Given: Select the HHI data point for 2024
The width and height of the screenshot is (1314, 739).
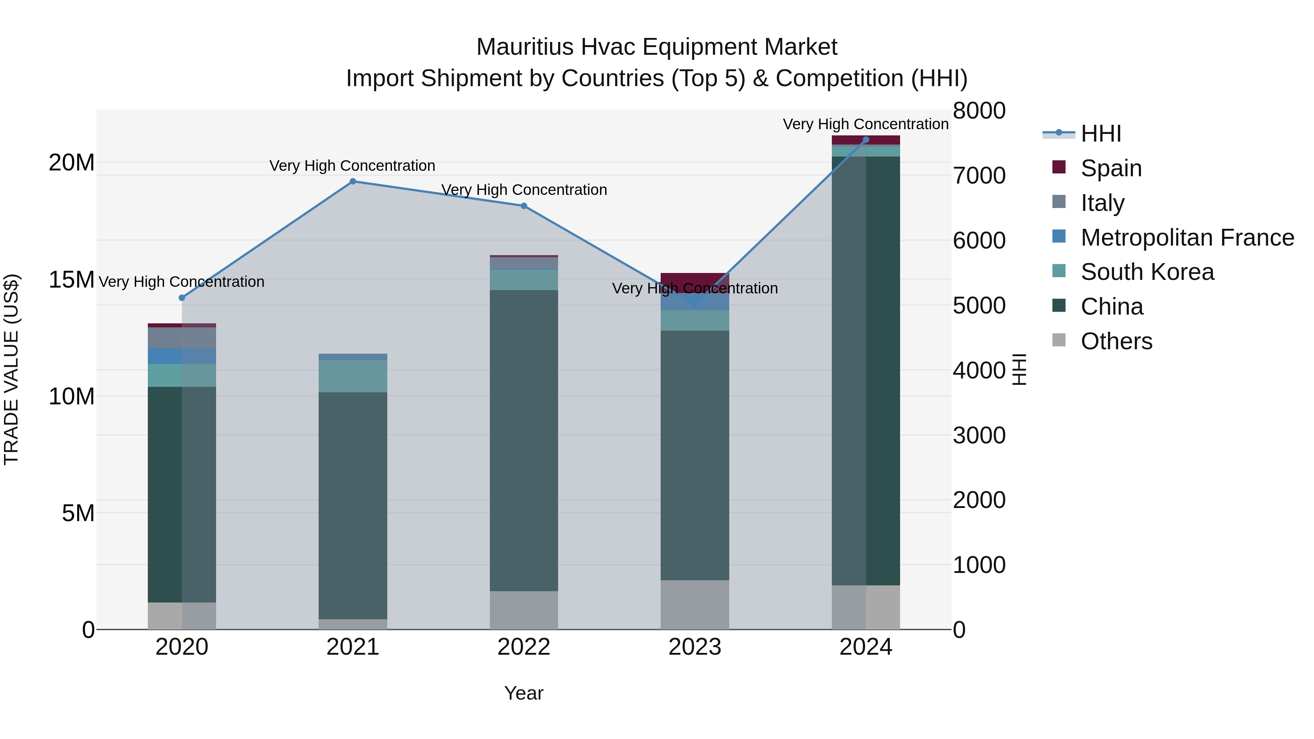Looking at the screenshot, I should point(866,140).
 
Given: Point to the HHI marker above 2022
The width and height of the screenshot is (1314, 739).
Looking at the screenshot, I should point(523,206).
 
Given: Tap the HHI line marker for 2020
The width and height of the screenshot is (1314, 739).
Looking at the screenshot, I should point(182,298).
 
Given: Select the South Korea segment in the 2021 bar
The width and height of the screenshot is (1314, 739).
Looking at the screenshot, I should point(353,376).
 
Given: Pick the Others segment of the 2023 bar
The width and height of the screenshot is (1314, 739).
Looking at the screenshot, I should point(695,604).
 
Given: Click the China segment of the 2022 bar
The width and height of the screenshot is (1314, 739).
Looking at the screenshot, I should point(523,440).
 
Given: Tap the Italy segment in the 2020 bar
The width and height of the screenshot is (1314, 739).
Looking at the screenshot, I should point(182,338).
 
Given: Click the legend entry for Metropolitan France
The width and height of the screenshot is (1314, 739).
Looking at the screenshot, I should point(1187,238).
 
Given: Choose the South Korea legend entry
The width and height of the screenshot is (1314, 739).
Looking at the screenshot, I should point(1147,272).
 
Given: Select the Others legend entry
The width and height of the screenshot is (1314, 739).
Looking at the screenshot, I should point(1116,341).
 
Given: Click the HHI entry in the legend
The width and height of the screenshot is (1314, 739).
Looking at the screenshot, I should point(1101,134).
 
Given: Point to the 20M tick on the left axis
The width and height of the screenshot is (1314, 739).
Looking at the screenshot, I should point(72,163).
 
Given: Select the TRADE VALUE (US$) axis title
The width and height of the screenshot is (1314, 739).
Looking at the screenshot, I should point(11,369).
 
